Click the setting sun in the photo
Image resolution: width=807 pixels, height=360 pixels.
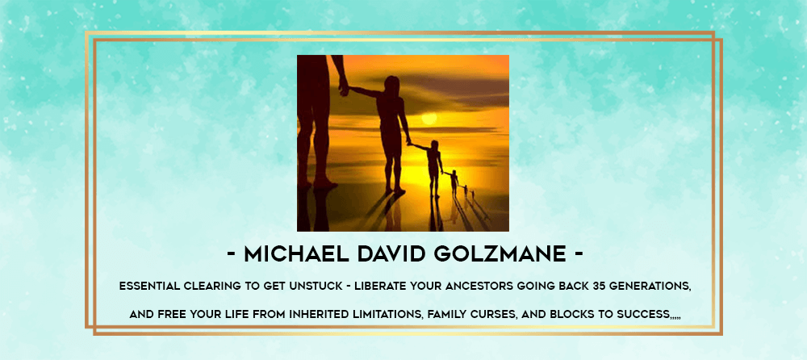point(429,119)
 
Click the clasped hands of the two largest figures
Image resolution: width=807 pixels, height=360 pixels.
point(344,88)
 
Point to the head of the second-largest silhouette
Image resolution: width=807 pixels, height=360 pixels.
point(391,84)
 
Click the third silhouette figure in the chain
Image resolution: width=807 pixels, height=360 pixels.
point(433,167)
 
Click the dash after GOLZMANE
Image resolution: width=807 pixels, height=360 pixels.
point(579,255)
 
